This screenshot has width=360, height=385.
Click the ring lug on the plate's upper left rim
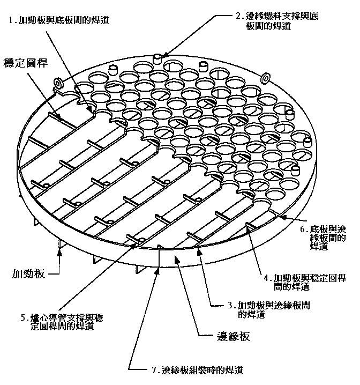[x=58, y=83]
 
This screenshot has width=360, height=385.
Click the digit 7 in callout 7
[x=153, y=370]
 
